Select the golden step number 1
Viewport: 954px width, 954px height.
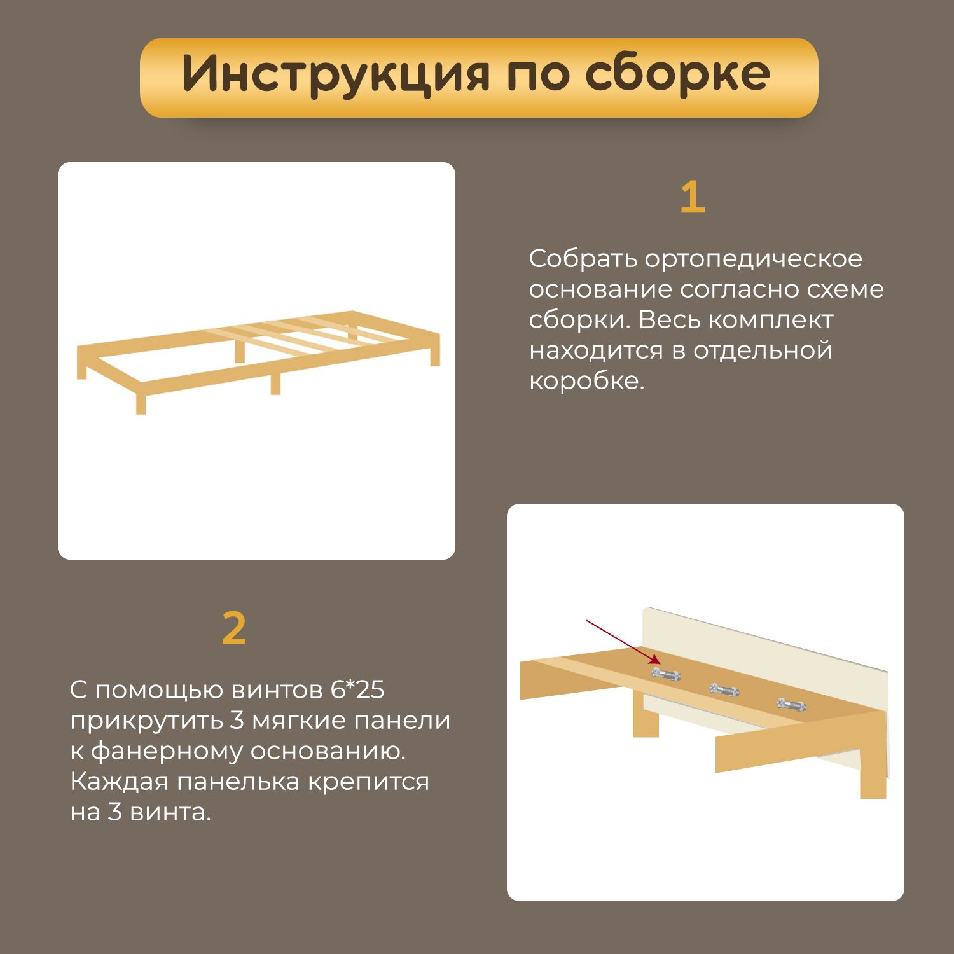click(x=693, y=197)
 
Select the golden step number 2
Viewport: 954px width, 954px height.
click(x=234, y=628)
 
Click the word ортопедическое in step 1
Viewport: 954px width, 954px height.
click(x=754, y=259)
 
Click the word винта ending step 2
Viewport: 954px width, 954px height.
click(x=170, y=812)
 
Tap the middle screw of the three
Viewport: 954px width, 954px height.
click(x=724, y=689)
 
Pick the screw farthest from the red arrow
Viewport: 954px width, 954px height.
click(x=791, y=704)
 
